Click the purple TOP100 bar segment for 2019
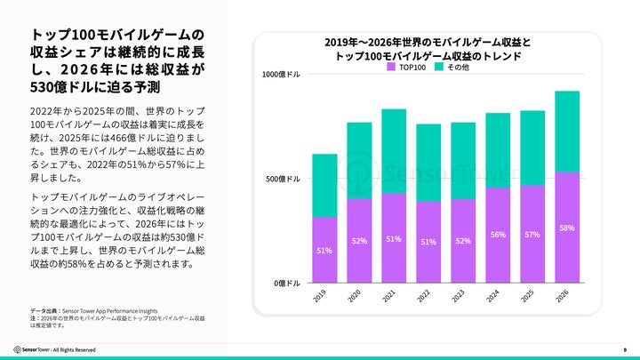click(324, 250)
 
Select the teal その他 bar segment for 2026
click(567, 131)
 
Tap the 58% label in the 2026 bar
click(567, 228)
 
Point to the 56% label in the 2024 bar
click(498, 235)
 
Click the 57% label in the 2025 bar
click(532, 234)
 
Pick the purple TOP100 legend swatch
click(391, 68)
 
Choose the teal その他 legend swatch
click(439, 68)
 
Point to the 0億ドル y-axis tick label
click(287, 283)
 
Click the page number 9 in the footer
click(625, 349)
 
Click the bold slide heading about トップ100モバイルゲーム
click(111, 62)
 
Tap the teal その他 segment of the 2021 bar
click(394, 151)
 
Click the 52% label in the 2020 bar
click(359, 241)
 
